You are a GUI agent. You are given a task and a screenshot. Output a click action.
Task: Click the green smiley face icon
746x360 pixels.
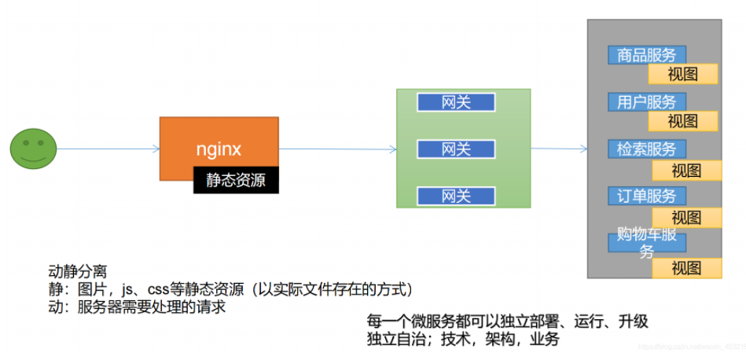(34, 149)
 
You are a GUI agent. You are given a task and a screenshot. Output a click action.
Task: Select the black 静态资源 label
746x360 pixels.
(236, 180)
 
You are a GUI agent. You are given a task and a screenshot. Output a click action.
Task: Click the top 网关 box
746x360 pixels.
(456, 102)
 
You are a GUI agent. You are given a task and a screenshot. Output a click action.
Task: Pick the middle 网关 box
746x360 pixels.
(456, 149)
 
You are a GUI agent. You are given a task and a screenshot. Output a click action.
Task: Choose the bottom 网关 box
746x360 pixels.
(456, 196)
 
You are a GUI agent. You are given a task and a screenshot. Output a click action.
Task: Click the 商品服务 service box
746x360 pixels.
(646, 55)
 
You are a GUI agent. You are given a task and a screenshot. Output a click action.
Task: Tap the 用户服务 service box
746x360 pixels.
(646, 102)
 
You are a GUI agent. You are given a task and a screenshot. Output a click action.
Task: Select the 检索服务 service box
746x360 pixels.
(646, 149)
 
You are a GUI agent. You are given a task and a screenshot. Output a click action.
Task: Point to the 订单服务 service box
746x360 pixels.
(646, 196)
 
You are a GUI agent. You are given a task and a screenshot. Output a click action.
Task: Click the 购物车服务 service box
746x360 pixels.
(646, 242)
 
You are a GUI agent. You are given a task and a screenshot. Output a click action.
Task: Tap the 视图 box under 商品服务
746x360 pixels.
(682, 75)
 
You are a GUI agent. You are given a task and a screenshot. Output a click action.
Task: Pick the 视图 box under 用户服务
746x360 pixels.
(682, 121)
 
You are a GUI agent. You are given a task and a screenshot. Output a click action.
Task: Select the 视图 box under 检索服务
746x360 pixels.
(686, 171)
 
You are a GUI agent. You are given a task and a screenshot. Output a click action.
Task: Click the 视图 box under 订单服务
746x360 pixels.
(686, 218)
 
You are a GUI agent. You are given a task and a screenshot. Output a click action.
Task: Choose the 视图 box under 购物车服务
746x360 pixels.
(686, 268)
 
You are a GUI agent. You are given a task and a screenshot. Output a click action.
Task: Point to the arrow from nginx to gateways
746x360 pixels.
(338, 149)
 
